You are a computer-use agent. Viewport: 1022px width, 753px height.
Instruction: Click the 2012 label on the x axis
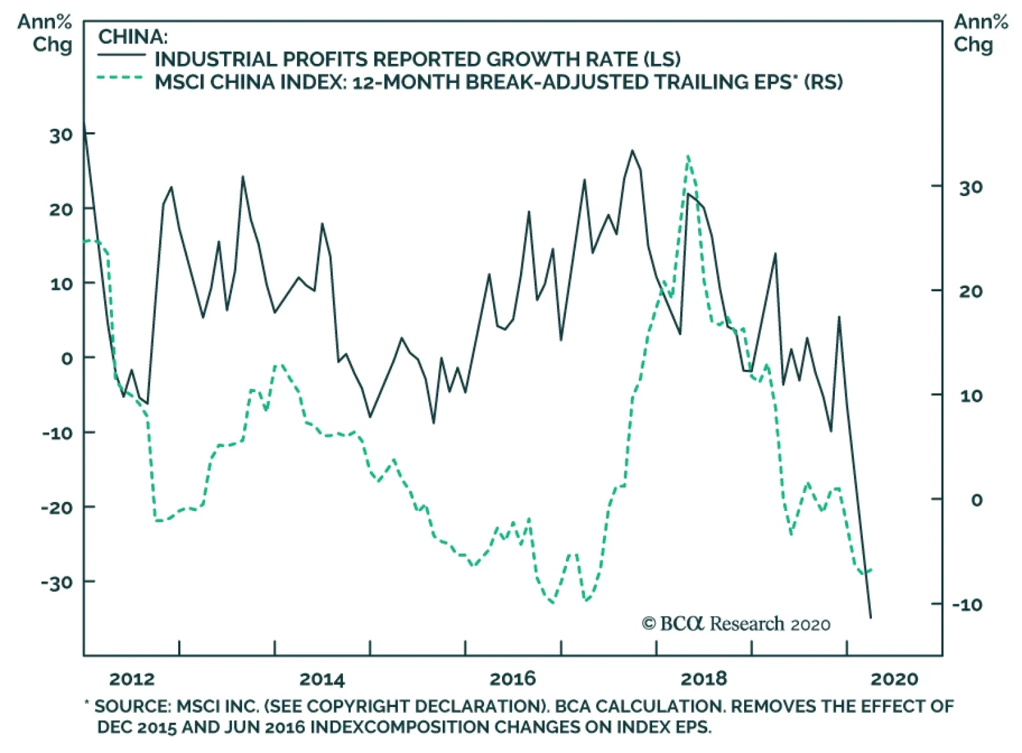pyautogui.click(x=132, y=678)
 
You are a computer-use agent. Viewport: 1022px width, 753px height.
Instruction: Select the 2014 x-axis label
pyautogui.click(x=322, y=678)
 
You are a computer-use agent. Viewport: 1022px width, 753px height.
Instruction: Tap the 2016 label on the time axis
pyautogui.click(x=512, y=678)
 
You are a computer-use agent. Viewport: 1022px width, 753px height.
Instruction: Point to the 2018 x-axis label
pyautogui.click(x=703, y=678)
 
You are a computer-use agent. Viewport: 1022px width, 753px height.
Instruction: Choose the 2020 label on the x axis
pyautogui.click(x=894, y=678)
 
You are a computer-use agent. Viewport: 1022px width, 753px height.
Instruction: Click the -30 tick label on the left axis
pyautogui.click(x=57, y=582)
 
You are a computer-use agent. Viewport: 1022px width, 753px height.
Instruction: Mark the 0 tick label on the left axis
pyautogui.click(x=67, y=358)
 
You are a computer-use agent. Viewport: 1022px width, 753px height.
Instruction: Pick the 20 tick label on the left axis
pyautogui.click(x=61, y=209)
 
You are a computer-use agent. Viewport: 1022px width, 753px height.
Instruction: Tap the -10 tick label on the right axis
pyautogui.click(x=967, y=604)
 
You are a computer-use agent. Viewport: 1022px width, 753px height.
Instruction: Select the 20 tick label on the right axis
pyautogui.click(x=970, y=291)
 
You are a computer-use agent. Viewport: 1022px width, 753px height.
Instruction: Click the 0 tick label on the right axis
pyautogui.click(x=976, y=499)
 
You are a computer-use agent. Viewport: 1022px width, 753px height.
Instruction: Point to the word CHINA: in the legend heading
pyautogui.click(x=133, y=36)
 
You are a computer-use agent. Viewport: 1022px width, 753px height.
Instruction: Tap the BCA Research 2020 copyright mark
pyautogui.click(x=736, y=623)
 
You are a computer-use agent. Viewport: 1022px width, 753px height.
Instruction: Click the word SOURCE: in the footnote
pyautogui.click(x=132, y=706)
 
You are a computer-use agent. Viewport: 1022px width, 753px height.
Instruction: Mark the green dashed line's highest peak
pyautogui.click(x=687, y=156)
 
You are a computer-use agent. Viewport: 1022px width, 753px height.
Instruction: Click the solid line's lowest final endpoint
pyautogui.click(x=870, y=618)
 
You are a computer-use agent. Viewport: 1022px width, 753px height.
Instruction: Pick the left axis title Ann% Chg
pyautogui.click(x=45, y=33)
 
